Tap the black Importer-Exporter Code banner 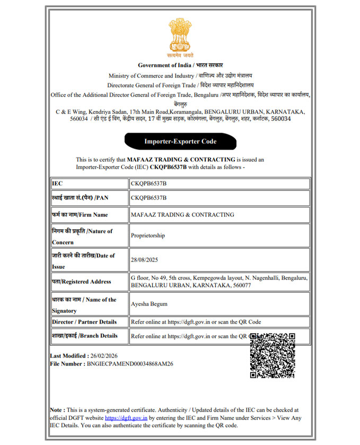(x=180, y=142)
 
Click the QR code (x=272, y=355)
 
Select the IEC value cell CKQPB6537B (x=148, y=184)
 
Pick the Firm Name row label (x=80, y=214)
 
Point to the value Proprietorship (x=148, y=235)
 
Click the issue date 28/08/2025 (x=144, y=260)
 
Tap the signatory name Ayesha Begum (x=150, y=304)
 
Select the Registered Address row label (x=81, y=282)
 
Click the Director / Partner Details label (x=84, y=322)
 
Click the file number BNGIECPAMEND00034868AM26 (x=130, y=364)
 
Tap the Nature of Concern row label (x=82, y=237)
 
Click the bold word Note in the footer (x=57, y=410)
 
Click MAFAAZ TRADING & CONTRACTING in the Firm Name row (x=182, y=214)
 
